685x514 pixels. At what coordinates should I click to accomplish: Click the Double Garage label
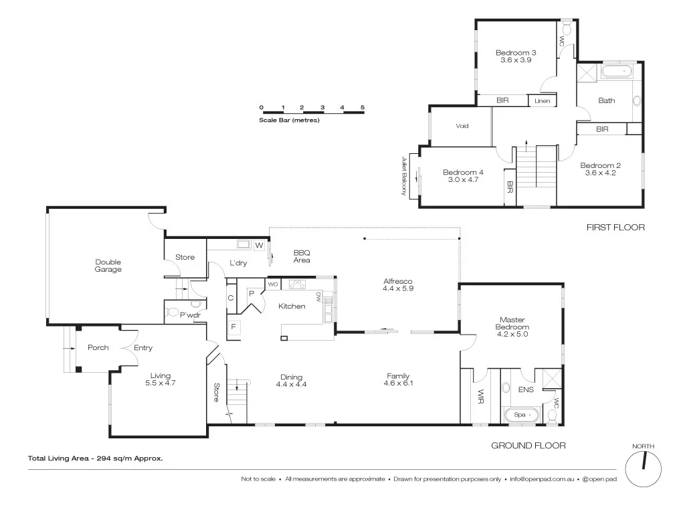(108, 266)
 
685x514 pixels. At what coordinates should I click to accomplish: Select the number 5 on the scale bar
(362, 107)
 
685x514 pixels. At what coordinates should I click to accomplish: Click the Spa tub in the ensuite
(520, 415)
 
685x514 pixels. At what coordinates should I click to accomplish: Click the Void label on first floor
(462, 126)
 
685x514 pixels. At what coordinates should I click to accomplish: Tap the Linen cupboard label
(542, 101)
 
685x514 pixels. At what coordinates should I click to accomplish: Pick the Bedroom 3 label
(515, 52)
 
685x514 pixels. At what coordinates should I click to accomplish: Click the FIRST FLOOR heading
(615, 228)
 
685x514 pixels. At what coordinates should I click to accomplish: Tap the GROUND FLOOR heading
(528, 445)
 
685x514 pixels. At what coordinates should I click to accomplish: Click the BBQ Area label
(302, 256)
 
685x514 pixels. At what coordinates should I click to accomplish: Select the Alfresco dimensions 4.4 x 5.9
(397, 289)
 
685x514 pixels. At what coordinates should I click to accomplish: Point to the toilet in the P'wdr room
(172, 312)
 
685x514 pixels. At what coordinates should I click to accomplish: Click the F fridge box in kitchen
(233, 327)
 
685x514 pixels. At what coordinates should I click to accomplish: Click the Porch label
(98, 347)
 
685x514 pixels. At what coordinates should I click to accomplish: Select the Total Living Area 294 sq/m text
(96, 458)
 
